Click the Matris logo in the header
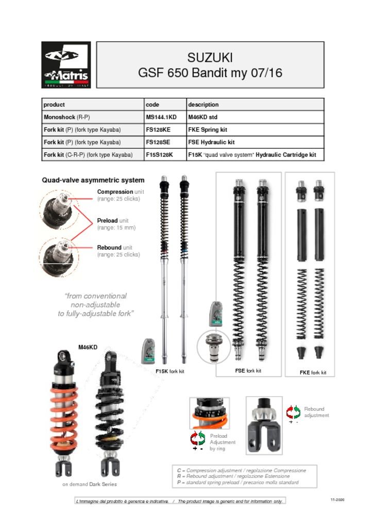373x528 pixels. pyautogui.click(x=66, y=65)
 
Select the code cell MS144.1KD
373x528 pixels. pyautogui.click(x=161, y=117)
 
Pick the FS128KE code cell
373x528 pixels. pyautogui.click(x=158, y=129)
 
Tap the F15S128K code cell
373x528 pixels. pyautogui.click(x=160, y=155)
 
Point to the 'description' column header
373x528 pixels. pyautogui.click(x=203, y=105)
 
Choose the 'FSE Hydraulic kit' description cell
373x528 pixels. pyautogui.click(x=211, y=142)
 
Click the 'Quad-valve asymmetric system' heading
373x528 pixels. pyautogui.click(x=93, y=180)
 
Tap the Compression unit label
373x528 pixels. pyautogui.click(x=118, y=195)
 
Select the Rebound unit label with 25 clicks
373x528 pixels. pyautogui.click(x=118, y=251)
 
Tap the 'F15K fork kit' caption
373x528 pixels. pyautogui.click(x=169, y=371)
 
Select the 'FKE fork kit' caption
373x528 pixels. pyautogui.click(x=313, y=372)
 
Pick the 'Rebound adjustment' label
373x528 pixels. pyautogui.click(x=316, y=412)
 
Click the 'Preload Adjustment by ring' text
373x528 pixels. pyautogui.click(x=223, y=442)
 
